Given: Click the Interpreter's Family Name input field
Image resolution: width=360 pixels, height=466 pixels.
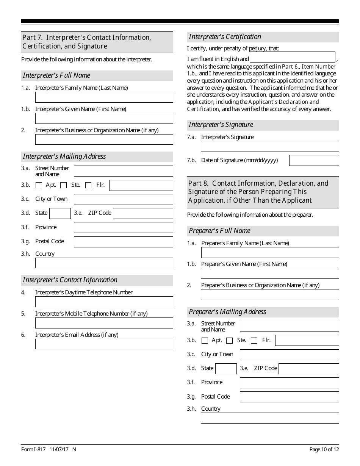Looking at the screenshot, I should click(104, 97).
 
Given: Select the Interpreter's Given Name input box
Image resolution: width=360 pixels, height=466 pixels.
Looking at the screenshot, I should click(104, 118).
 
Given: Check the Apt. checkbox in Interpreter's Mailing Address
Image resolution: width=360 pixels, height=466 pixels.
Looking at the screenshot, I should click(39, 185).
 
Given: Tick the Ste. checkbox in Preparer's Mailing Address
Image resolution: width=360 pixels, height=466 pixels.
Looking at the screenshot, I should click(229, 341).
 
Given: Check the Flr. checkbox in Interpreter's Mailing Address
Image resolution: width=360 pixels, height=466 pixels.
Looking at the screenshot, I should click(88, 185).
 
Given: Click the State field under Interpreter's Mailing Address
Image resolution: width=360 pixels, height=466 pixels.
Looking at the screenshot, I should click(60, 213).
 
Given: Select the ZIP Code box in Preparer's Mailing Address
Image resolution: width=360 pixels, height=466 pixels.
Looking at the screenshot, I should click(308, 369).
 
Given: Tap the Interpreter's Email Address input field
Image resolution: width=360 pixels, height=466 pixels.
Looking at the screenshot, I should click(104, 344).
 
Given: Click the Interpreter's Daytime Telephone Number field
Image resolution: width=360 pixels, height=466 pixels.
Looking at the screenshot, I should click(104, 302).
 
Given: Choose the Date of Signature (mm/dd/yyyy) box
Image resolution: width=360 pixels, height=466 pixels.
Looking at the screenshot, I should click(314, 160).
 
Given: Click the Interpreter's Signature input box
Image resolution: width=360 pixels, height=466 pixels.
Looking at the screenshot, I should click(270, 147).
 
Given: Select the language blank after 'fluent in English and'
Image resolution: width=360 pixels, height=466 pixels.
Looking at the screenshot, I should click(293, 57).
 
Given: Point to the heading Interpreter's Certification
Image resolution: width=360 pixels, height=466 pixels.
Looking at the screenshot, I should click(225, 37).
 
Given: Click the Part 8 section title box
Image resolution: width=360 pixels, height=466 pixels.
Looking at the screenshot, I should click(263, 192).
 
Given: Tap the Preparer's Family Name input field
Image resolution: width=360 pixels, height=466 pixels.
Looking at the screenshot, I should click(270, 253).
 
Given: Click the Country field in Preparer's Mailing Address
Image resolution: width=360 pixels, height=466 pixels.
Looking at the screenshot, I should click(270, 418).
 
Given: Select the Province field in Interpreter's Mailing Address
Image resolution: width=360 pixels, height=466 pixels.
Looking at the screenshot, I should click(123, 227).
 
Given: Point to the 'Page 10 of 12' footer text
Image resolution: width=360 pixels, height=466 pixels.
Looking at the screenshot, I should click(324, 450).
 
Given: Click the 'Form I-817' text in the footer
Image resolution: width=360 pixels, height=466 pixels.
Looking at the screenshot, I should click(33, 450).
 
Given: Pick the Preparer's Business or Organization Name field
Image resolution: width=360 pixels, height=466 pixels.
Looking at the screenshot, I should click(270, 294).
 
